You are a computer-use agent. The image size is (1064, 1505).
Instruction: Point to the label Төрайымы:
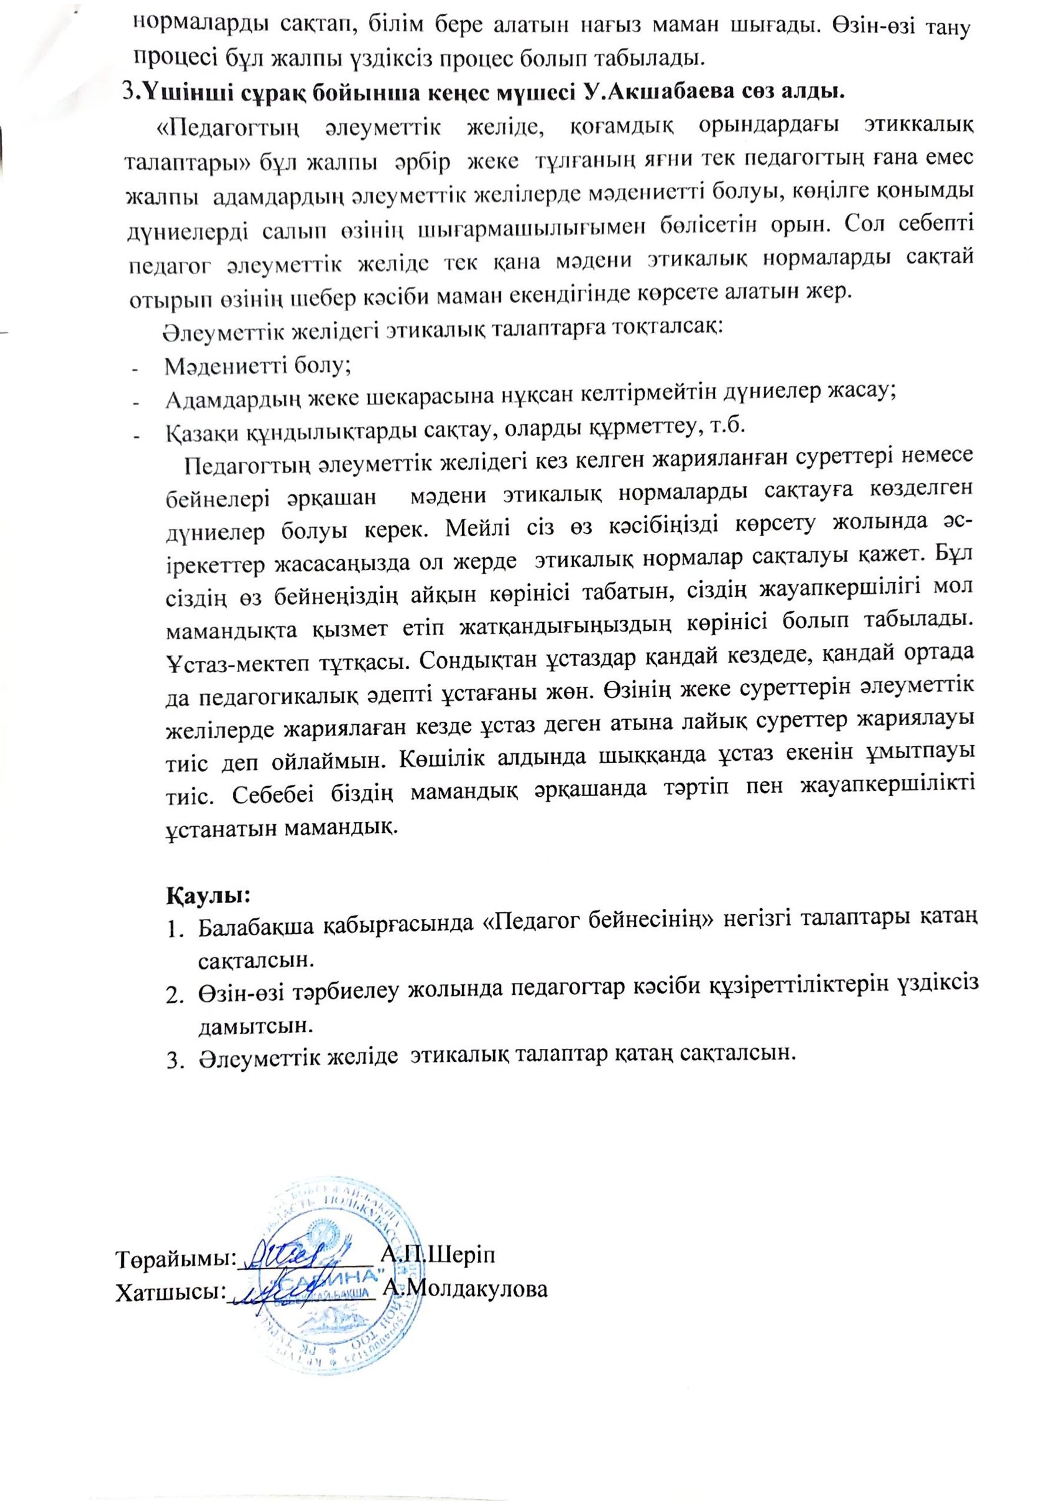click(x=176, y=1258)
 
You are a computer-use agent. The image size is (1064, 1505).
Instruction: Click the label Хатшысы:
click(x=169, y=1292)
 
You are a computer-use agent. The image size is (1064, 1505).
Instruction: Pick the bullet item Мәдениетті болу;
click(x=257, y=364)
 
